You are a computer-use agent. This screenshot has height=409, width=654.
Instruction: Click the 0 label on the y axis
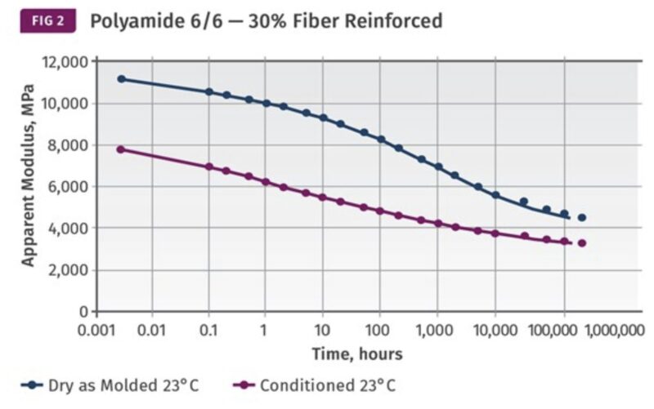point(84,312)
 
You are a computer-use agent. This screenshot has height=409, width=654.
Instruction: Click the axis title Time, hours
point(356,353)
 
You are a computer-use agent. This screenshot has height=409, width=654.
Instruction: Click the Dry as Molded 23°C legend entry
point(110,385)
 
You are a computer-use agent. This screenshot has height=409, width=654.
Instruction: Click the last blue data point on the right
point(582,217)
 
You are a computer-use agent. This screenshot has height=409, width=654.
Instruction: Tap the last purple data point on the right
point(582,243)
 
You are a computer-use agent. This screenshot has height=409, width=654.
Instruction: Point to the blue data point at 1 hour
point(266,103)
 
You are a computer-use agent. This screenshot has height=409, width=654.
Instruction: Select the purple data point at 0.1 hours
point(208,167)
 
